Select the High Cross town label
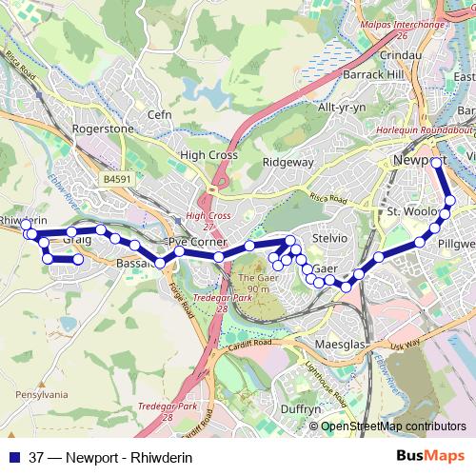point(208,153)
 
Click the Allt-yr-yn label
point(341,108)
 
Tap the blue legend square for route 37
point(13,458)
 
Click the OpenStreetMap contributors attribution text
point(394,426)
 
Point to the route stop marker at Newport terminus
point(436,163)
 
